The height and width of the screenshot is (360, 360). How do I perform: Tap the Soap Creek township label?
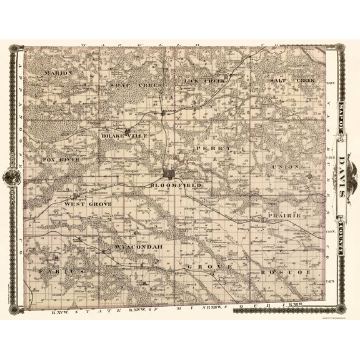[x=128, y=84]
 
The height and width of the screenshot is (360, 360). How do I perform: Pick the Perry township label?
[x=213, y=148]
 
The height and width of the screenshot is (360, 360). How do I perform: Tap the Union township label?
[x=285, y=168]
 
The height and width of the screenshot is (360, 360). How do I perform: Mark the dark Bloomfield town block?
[x=169, y=174]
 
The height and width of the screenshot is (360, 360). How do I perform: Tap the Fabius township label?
[x=61, y=272]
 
